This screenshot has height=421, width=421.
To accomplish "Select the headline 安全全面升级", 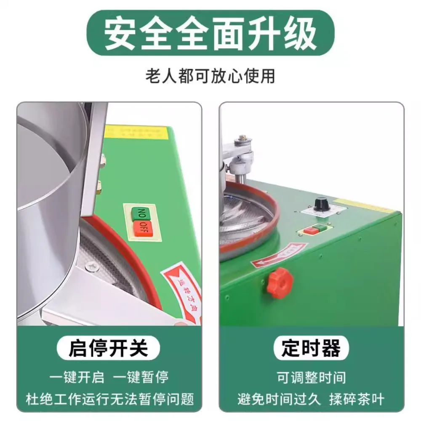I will coord(210,33).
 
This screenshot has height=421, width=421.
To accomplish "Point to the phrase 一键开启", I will coord(77,377).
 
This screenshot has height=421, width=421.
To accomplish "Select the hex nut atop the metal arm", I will coord(243,138).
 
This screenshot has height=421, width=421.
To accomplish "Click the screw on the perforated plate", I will coord(90,266).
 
